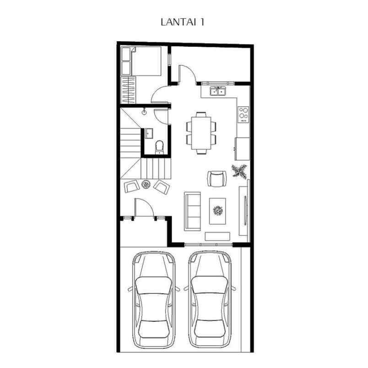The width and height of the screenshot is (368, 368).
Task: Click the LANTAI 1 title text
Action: pyautogui.click(x=182, y=22)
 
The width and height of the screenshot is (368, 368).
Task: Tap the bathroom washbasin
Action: pyautogui.click(x=149, y=133)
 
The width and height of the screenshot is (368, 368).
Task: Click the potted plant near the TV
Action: pyautogui.click(x=239, y=171)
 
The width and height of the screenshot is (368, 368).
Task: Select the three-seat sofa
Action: pyautogui.click(x=192, y=211)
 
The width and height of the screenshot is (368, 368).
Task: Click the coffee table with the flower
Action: pyautogui.click(x=218, y=211)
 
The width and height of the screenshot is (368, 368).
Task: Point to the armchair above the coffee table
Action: pyautogui.click(x=217, y=179)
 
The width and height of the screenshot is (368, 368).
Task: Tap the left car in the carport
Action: pyautogui.click(x=153, y=299)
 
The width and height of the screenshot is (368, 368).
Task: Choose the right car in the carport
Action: pyautogui.click(x=209, y=299)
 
